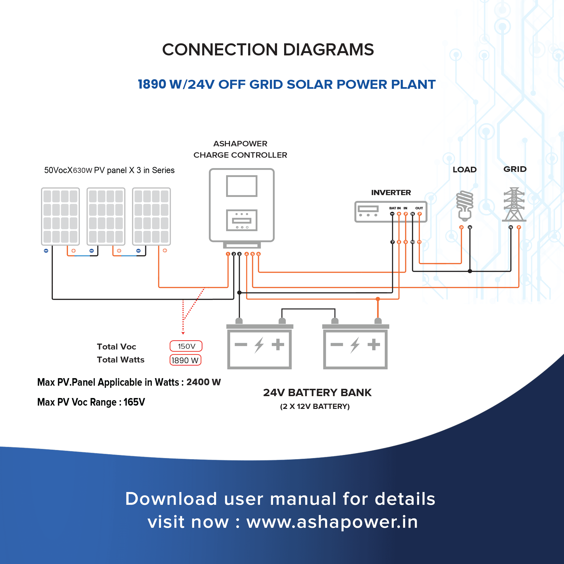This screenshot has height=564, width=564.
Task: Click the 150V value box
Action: click(x=186, y=346)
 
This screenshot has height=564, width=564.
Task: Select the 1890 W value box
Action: click(x=185, y=360)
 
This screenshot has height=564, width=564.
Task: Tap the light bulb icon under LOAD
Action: click(x=465, y=206)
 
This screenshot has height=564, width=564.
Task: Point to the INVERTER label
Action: click(x=391, y=193)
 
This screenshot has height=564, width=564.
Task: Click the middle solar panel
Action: click(x=106, y=216)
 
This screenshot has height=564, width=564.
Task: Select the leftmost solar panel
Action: click(x=60, y=216)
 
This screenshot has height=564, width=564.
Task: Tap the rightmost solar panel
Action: click(x=152, y=216)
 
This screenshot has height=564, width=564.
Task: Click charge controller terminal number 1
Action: click(x=228, y=254)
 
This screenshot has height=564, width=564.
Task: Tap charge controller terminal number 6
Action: click(x=258, y=254)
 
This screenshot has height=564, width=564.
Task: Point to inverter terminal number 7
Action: click(x=392, y=242)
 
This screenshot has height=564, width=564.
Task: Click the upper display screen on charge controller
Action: click(x=242, y=186)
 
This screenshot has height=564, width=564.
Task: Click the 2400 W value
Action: click(x=203, y=382)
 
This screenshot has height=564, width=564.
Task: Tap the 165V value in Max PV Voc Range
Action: click(x=134, y=402)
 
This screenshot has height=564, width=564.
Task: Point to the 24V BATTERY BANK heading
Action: click(x=317, y=393)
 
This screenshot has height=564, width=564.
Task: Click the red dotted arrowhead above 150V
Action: click(x=183, y=333)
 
